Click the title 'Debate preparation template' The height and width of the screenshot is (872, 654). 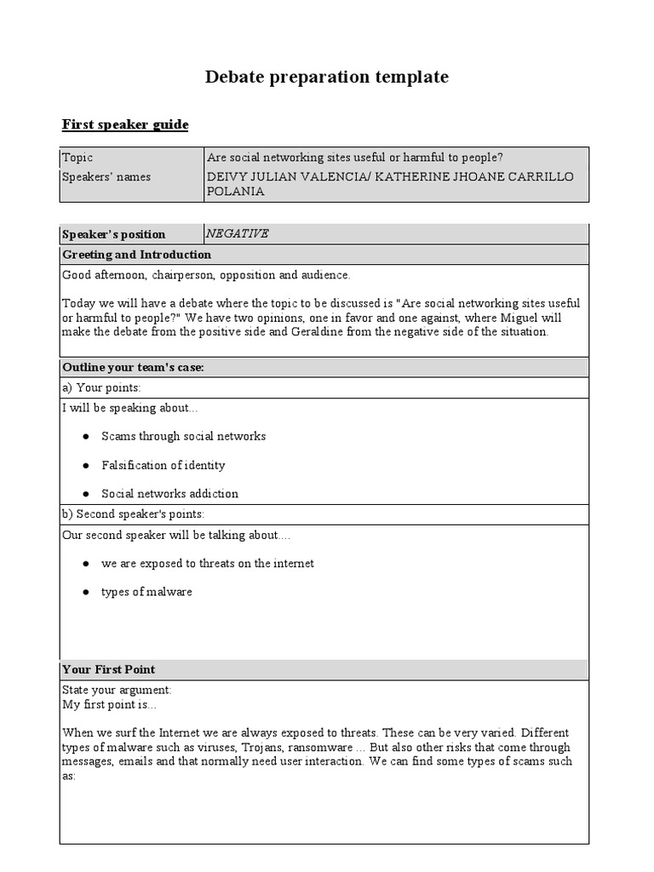326,77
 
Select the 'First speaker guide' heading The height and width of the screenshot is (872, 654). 125,125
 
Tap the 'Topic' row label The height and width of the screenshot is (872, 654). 77,158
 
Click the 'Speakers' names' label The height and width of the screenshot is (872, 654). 106,176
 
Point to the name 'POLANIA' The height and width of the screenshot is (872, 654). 236,192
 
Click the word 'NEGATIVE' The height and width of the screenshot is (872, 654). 238,234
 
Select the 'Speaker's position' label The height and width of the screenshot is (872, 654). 114,235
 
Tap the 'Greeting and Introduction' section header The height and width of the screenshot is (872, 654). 137,255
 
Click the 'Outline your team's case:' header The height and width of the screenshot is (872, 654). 133,367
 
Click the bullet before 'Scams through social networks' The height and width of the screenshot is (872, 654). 86,437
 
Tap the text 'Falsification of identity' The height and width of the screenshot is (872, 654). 163,466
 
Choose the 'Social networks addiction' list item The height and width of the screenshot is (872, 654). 169,494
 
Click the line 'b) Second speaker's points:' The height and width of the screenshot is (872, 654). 134,514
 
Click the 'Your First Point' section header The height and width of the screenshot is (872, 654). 108,669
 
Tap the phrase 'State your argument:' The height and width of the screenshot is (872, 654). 117,690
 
